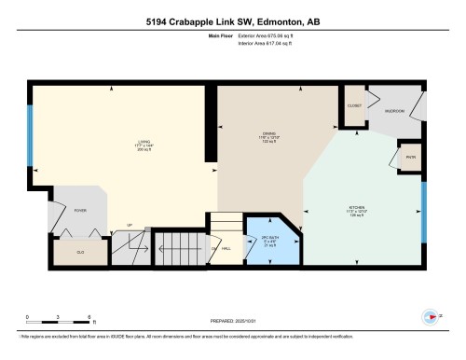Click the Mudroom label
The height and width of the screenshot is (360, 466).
tap(395, 110)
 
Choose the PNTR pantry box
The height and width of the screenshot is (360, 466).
tap(409, 157)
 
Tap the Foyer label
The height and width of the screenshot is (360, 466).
tap(80, 211)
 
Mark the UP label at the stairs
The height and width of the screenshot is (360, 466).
tap(130, 224)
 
